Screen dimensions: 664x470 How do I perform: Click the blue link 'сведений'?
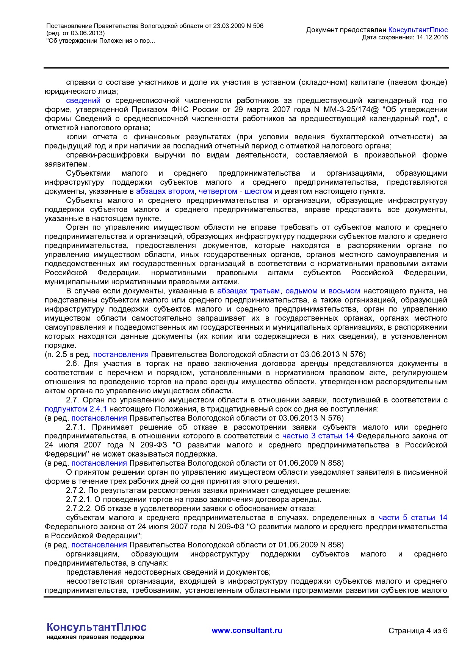tap(83, 100)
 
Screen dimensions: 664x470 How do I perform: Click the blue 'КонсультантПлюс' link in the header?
tap(418, 30)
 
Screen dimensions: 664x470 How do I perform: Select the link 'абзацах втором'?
tap(165, 191)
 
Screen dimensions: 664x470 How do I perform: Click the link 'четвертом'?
tap(218, 191)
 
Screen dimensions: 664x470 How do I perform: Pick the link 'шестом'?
tap(258, 191)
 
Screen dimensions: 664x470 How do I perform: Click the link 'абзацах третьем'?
tap(248, 291)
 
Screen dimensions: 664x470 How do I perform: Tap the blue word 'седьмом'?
tap(301, 291)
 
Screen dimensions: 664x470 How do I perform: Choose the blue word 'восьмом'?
tap(344, 291)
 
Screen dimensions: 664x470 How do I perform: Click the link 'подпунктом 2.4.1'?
tap(76, 409)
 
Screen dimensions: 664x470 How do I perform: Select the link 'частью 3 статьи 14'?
tap(318, 436)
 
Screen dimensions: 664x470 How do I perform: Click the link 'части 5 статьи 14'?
tap(413, 517)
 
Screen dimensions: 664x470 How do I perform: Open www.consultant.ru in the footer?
tap(247, 630)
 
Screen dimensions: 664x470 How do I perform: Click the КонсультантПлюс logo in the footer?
tap(96, 627)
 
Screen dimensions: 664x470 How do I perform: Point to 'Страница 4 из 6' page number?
tap(418, 631)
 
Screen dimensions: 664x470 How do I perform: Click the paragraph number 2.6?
tap(73, 363)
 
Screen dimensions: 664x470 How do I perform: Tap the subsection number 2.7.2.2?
tap(79, 508)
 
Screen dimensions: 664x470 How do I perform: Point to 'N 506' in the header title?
tap(255, 26)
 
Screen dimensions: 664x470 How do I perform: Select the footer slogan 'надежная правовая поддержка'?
tap(95, 637)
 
